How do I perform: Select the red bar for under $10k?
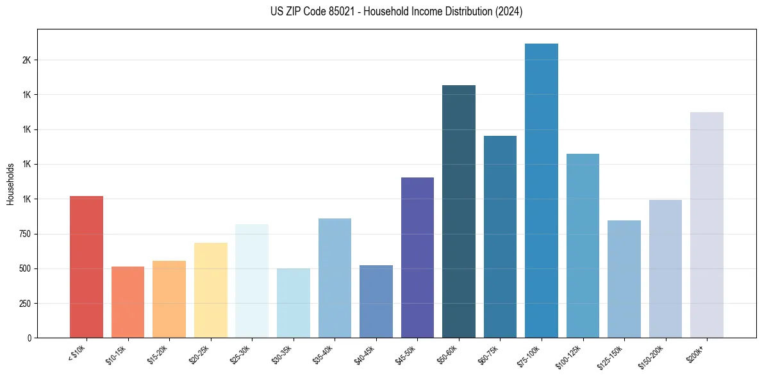pyautogui.click(x=87, y=267)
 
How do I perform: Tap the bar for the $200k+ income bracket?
pyautogui.click(x=707, y=225)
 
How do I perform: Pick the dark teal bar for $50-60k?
pyautogui.click(x=459, y=211)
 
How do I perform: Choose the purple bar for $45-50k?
pyautogui.click(x=417, y=258)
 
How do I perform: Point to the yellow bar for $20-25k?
pyautogui.click(x=211, y=290)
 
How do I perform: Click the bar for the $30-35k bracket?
pyautogui.click(x=294, y=303)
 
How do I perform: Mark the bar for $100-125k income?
pyautogui.click(x=583, y=245)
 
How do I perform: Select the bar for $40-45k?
pyautogui.click(x=376, y=301)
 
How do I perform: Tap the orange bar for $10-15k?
pyautogui.click(x=128, y=302)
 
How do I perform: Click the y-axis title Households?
pyautogui.click(x=10, y=184)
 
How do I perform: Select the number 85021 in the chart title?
pyautogui.click(x=338, y=12)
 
